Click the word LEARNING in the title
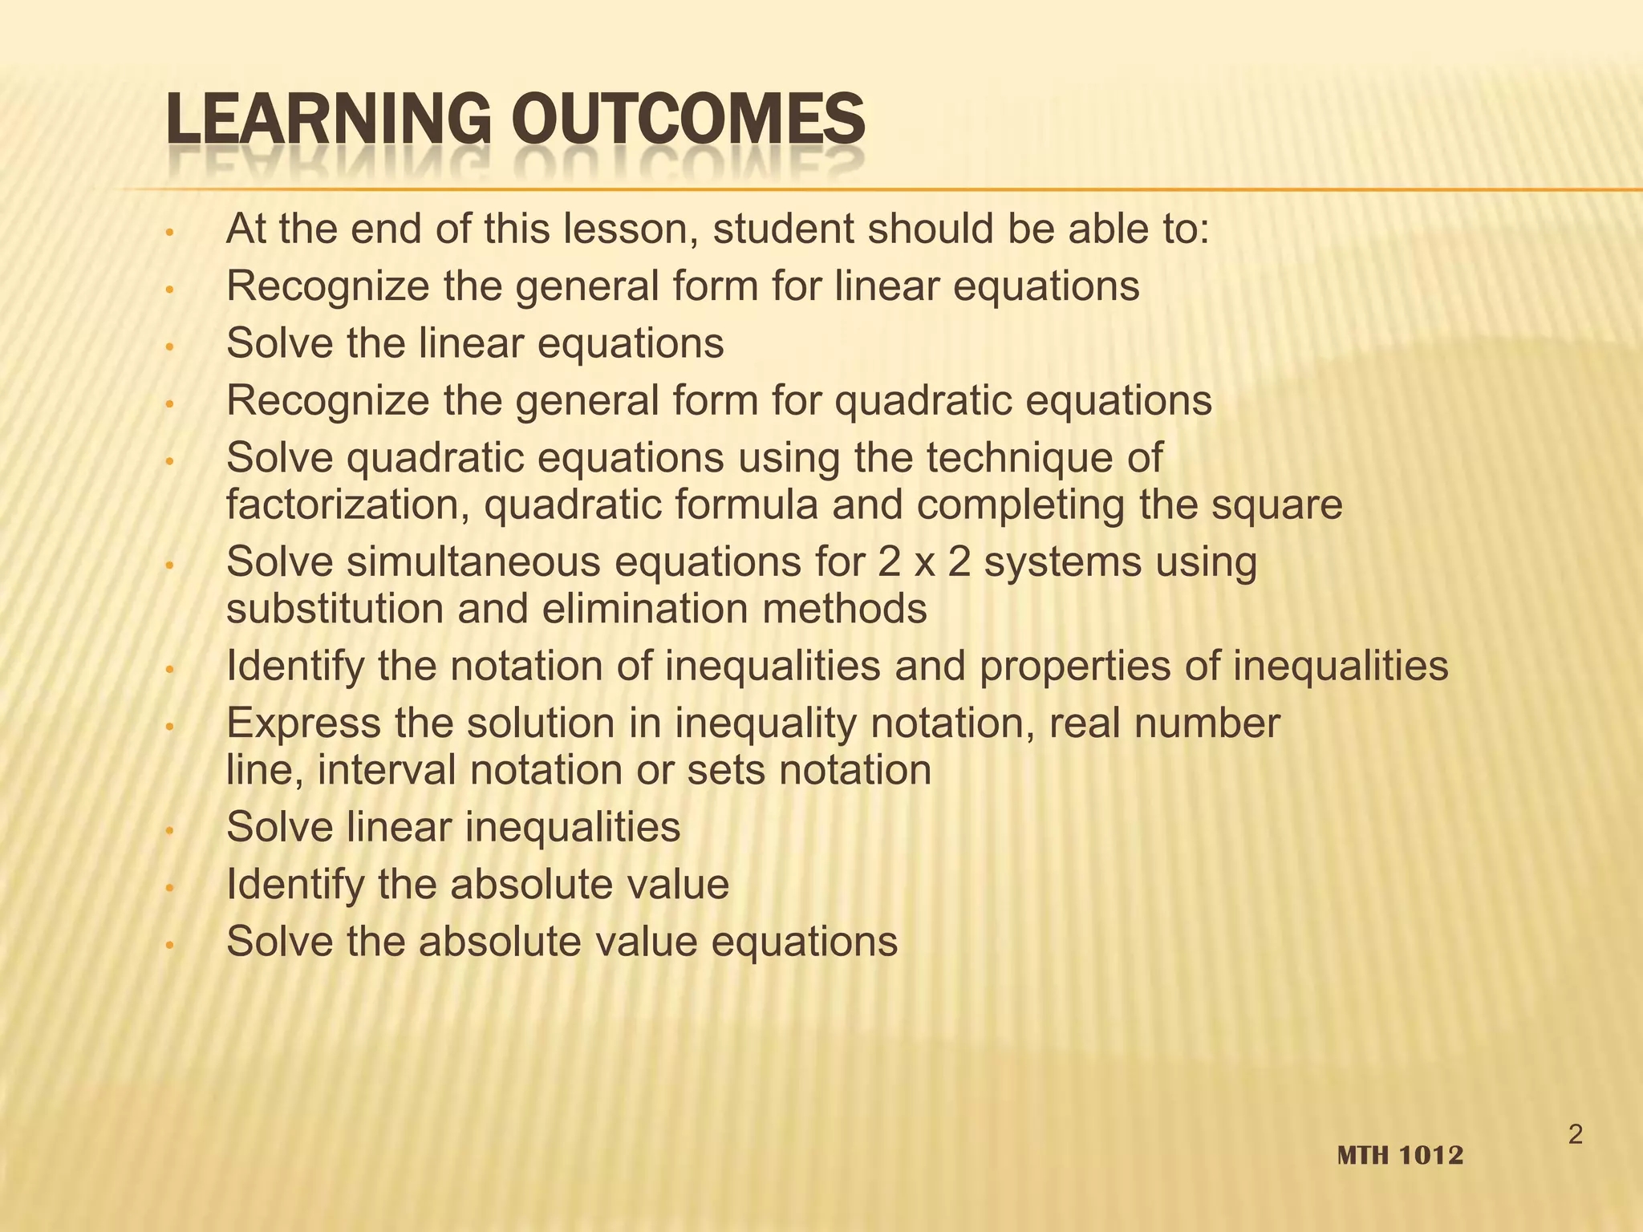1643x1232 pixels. tap(327, 120)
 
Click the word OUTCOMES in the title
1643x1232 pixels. tap(688, 120)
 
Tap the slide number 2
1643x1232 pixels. tap(1576, 1135)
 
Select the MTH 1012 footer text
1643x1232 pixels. tap(1401, 1156)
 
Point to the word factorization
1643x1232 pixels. tap(347, 505)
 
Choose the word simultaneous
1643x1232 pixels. tap(473, 561)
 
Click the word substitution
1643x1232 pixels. tap(335, 609)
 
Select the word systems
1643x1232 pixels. tap(1061, 561)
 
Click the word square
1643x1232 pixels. tap(1276, 505)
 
